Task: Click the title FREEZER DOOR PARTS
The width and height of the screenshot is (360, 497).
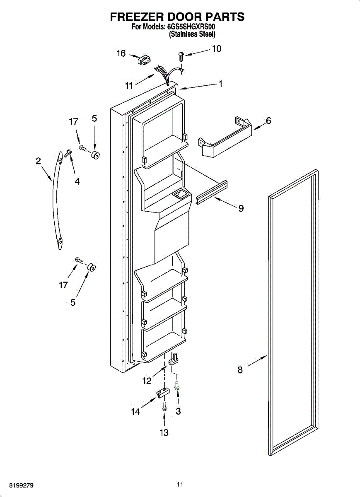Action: point(177,17)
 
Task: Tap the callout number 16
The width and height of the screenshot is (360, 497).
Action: point(121,53)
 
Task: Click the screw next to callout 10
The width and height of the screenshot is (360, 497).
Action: point(181,55)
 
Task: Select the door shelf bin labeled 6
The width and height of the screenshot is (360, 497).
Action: point(224,137)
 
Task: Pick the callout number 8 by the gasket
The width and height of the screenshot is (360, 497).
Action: point(240,370)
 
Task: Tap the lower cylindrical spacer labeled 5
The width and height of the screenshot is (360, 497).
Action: point(91,267)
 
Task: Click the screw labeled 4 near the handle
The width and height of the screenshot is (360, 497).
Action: point(68,154)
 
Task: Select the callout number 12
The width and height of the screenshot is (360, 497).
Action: point(147,381)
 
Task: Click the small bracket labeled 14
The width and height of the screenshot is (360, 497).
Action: point(162,392)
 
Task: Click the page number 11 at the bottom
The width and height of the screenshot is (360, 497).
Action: point(179,484)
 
